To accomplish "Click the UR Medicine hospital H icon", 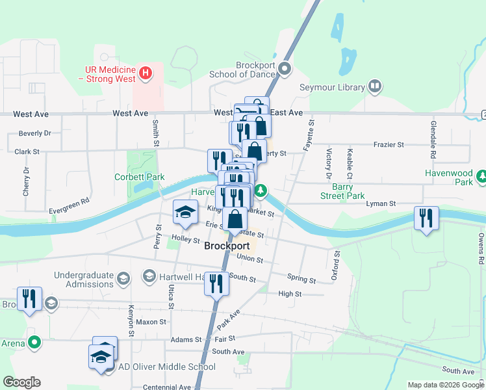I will [x=146, y=72].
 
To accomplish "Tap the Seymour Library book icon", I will [x=375, y=86].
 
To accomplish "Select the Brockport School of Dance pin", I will [x=284, y=68].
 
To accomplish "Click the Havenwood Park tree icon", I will [x=481, y=175].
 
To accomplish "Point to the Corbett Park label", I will [x=140, y=177].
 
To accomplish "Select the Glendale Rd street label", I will [x=432, y=140].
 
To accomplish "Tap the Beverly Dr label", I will [x=35, y=133].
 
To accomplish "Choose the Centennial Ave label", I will [x=167, y=387].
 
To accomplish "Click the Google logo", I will [x=21, y=383].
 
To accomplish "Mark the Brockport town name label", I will [x=227, y=246].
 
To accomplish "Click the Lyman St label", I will [x=381, y=204].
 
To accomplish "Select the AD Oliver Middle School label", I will [x=167, y=367].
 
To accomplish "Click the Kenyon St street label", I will [x=131, y=315].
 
